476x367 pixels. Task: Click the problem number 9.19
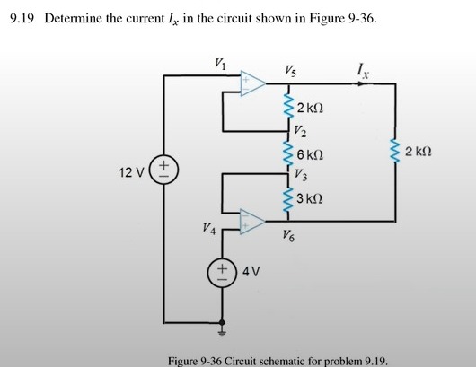tap(21, 17)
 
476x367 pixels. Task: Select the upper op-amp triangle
tap(252, 84)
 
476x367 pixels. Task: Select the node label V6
tap(287, 237)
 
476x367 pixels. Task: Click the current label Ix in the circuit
tap(360, 66)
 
